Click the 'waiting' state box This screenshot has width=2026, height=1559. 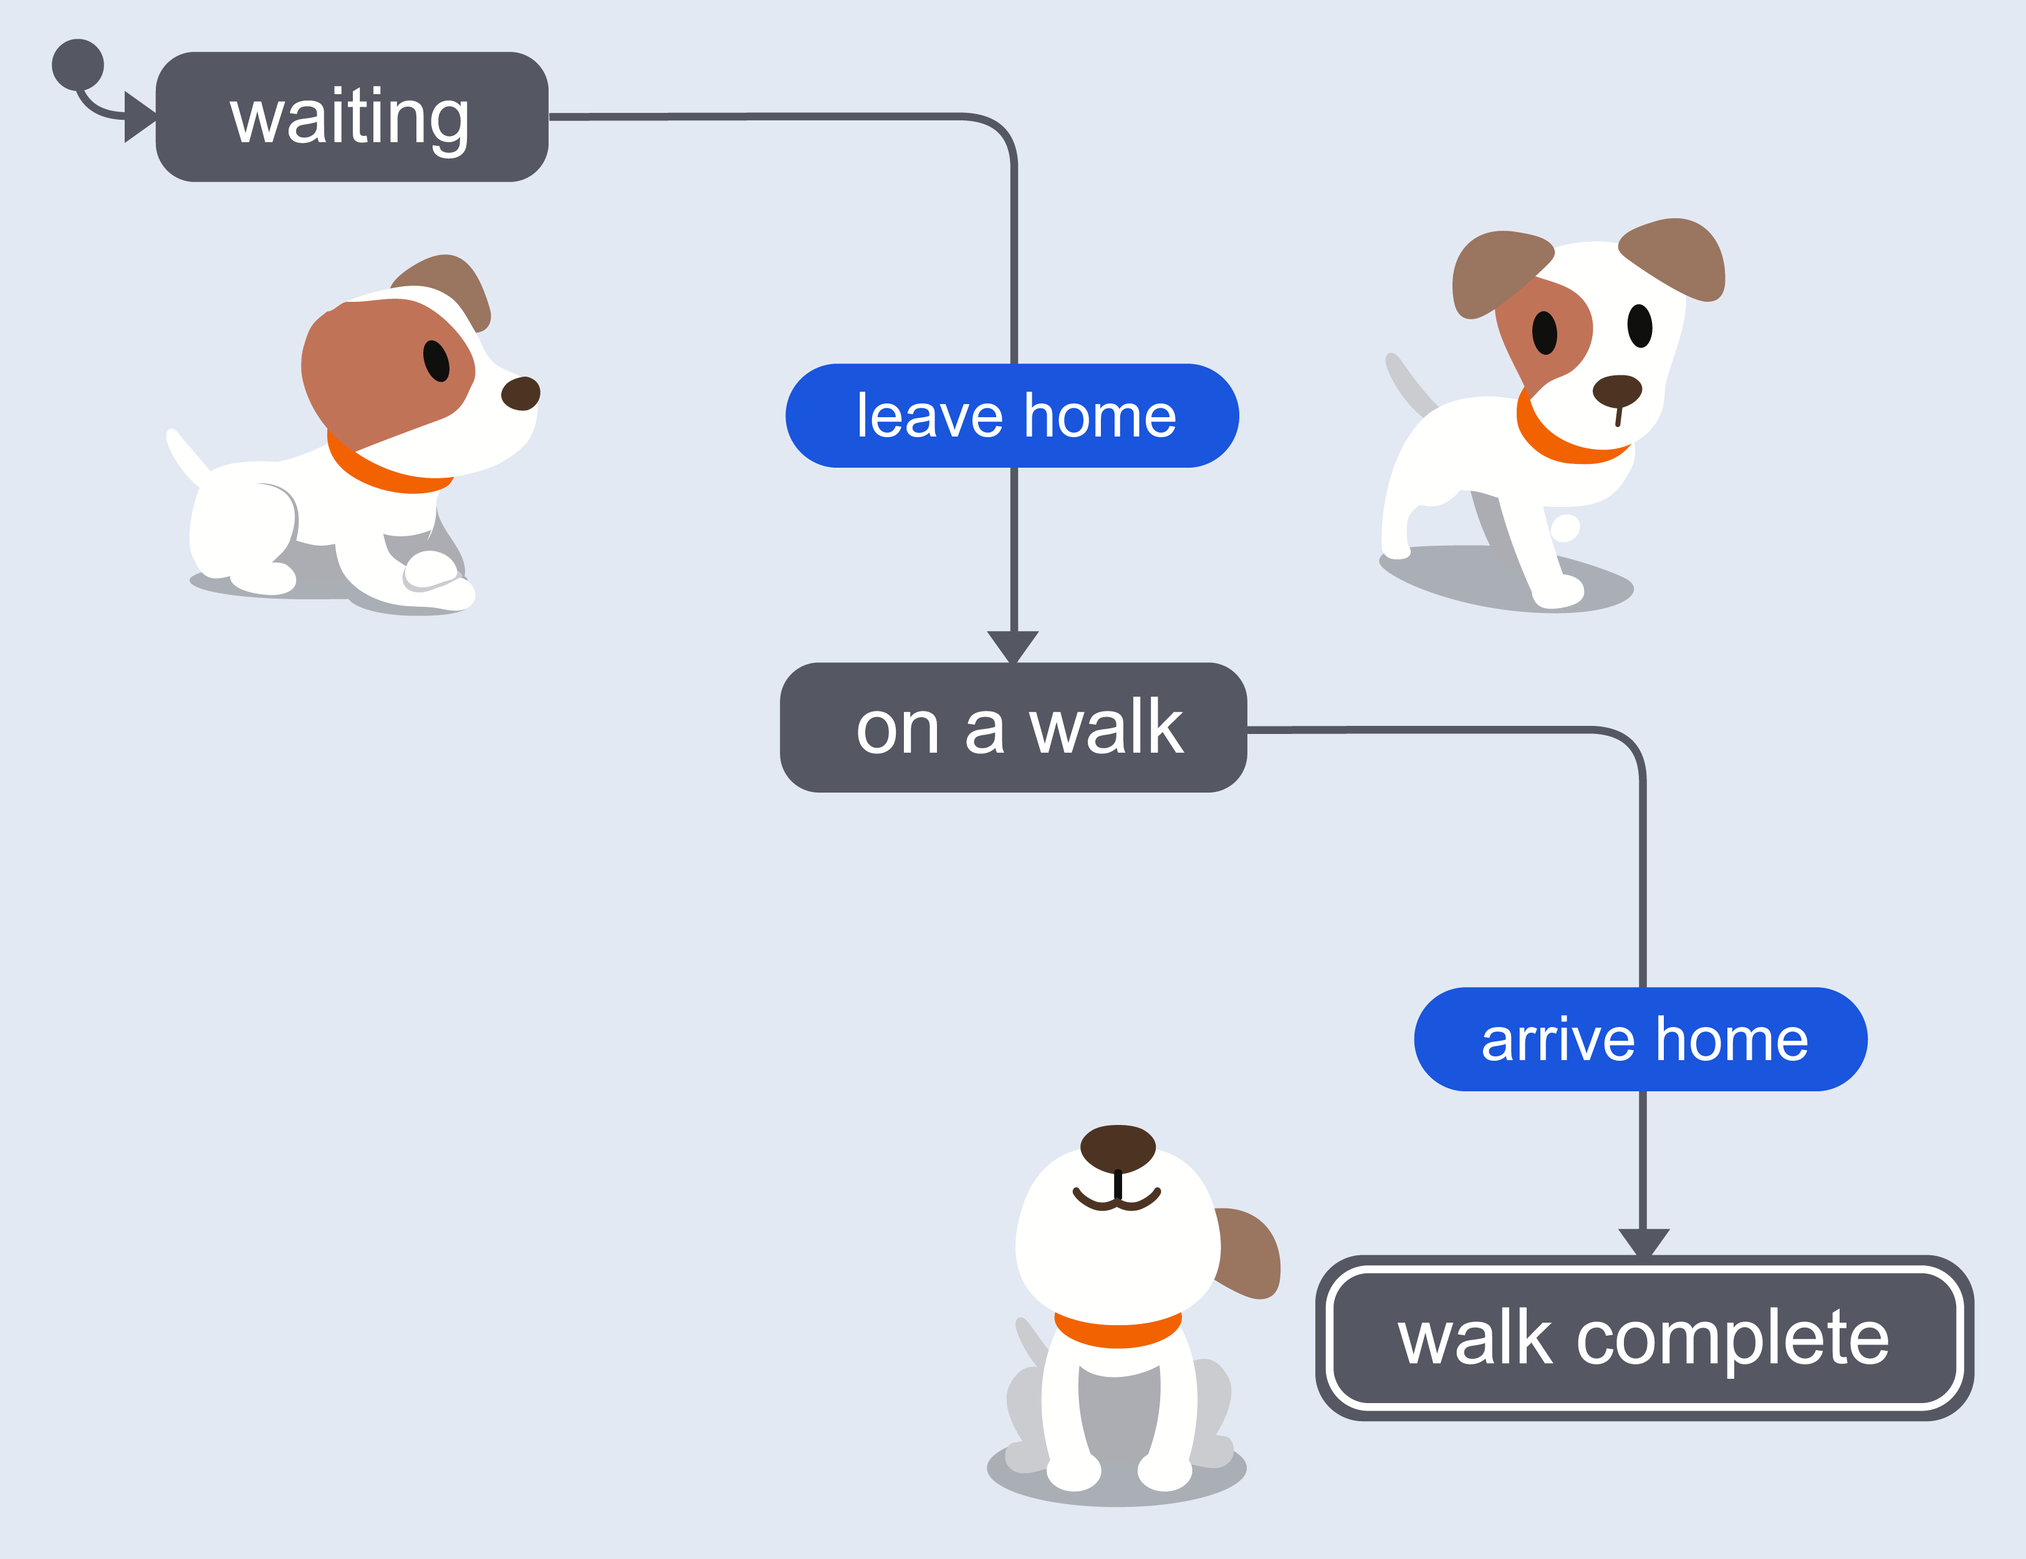click(x=352, y=117)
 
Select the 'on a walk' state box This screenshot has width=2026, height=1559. click(x=1013, y=728)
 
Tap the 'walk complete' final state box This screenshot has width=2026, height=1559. click(x=1644, y=1338)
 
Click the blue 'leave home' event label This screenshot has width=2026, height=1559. click(x=1012, y=416)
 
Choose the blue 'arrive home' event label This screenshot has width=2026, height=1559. click(x=1640, y=1040)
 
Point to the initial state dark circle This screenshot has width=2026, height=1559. click(x=78, y=65)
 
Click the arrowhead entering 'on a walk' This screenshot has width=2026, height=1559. click(x=1013, y=647)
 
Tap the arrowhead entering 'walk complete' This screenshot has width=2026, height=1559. click(x=1644, y=1243)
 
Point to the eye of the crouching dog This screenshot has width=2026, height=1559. click(x=436, y=361)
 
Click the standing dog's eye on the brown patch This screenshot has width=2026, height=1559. click(x=1545, y=333)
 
